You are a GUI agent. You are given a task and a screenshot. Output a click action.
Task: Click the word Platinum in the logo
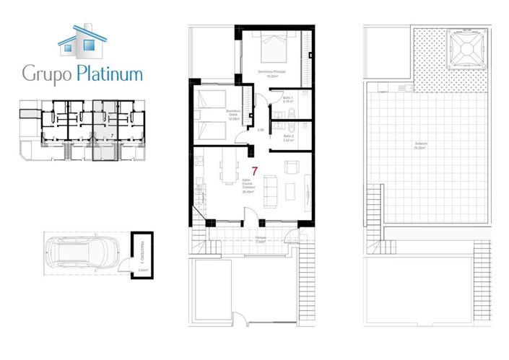pyautogui.click(x=108, y=74)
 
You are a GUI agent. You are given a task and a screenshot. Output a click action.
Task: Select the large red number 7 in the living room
pyautogui.click(x=255, y=172)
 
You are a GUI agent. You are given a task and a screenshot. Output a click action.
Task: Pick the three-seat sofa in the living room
pyautogui.click(x=271, y=190)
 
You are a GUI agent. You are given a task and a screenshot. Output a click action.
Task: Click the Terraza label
pyautogui.click(x=260, y=239)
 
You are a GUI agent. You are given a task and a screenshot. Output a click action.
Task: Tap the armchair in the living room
pyautogui.click(x=292, y=168)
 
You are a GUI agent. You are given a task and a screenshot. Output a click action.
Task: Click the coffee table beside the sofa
pyautogui.click(x=290, y=190)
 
